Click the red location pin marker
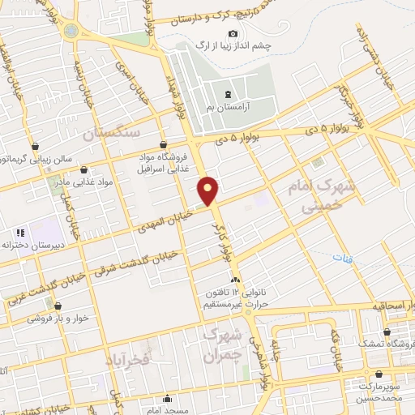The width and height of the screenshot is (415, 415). coord(209,191)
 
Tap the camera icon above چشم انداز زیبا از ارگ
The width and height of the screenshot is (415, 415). coord(233,33)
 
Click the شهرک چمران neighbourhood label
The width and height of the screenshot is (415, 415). coord(222,344)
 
